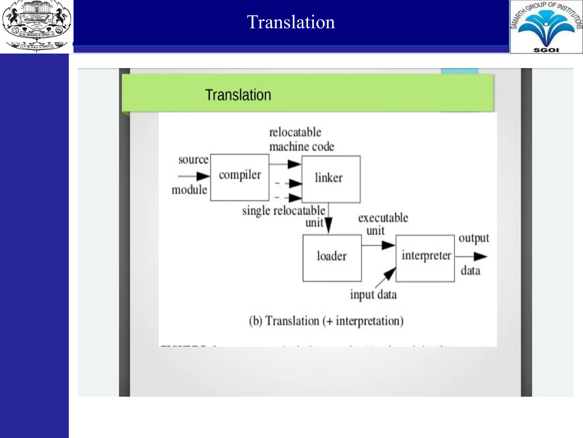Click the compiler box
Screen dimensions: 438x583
[240, 177]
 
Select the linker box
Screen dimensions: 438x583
[331, 179]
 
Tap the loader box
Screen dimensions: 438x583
[332, 258]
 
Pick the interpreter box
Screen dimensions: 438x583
[425, 258]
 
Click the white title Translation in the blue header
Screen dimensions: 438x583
[291, 22]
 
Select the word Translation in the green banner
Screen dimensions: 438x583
[238, 95]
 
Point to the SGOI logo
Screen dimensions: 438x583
[546, 27]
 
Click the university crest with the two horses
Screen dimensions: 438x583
[36, 26]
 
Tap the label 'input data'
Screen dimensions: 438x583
[373, 295]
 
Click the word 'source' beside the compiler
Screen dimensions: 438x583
[193, 159]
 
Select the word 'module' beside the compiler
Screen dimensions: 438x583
[189, 190]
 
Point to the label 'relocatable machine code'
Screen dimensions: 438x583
[301, 140]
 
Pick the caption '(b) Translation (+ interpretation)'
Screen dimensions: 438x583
[326, 321]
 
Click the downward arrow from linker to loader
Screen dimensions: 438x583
[329, 220]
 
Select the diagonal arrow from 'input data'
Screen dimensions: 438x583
[386, 277]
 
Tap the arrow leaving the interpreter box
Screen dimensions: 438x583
[471, 257]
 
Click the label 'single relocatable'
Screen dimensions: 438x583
[284, 211]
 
